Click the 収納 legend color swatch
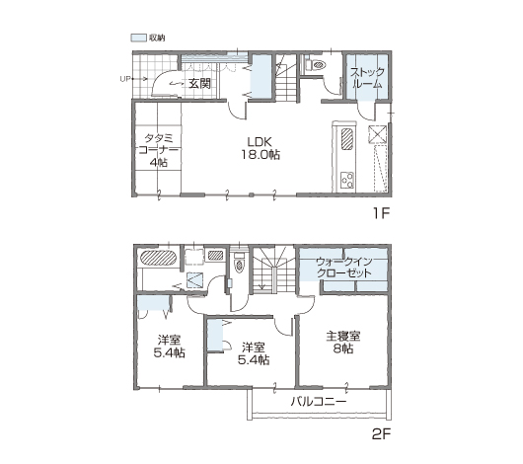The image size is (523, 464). click(x=138, y=38)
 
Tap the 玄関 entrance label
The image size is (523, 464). click(x=199, y=84)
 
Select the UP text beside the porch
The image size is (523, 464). click(x=125, y=79)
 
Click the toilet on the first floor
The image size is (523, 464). click(x=316, y=65)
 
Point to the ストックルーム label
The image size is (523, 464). click(x=367, y=78)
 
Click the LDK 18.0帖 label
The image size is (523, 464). click(x=261, y=148)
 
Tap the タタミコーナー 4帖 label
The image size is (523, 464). click(x=158, y=150)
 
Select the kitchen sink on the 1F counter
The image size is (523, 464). click(x=347, y=139)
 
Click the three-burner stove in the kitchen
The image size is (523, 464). click(x=347, y=181)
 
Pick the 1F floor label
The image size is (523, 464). click(x=381, y=212)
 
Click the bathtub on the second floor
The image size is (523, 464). click(x=159, y=258)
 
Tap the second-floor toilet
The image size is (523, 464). click(x=239, y=263)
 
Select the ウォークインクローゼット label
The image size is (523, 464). click(x=344, y=268)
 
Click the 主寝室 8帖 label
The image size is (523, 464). click(x=343, y=343)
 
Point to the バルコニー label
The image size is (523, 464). click(x=318, y=401)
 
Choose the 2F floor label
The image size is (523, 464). click(x=381, y=434)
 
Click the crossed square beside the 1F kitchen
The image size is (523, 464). click(x=377, y=134)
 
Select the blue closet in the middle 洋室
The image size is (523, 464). click(x=215, y=335)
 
